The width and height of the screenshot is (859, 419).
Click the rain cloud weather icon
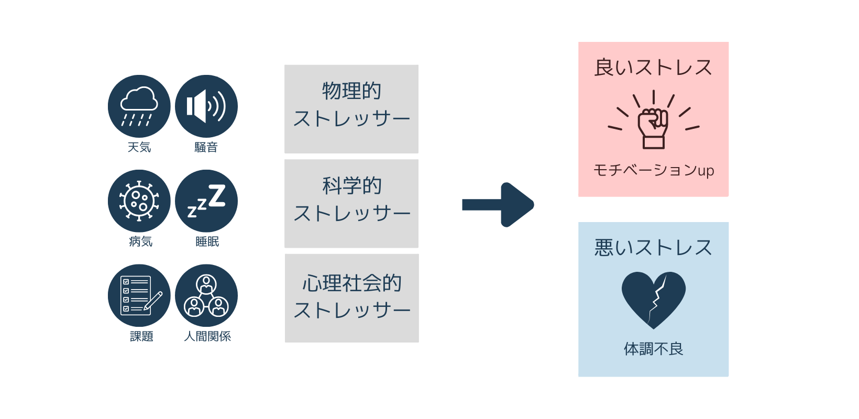pos(139,106)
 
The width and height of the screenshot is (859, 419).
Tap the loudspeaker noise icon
pos(206,106)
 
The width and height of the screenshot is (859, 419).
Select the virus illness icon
pos(139,201)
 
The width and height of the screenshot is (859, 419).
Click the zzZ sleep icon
pos(206,201)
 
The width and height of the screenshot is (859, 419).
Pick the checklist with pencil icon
pos(139,296)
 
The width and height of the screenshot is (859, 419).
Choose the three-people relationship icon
pos(206,296)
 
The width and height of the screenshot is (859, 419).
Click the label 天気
pos(139,148)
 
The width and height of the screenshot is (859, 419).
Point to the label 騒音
pos(206,148)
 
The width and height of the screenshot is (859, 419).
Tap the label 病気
pos(140,241)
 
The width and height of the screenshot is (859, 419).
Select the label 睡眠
pos(207,241)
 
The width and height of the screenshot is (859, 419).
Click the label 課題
pos(141,336)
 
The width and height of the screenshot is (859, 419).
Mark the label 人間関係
pos(207,336)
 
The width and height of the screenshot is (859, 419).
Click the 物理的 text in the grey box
pos(351,91)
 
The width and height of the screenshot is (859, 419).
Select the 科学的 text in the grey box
pos(351,186)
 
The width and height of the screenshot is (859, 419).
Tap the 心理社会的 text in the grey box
pos(351,283)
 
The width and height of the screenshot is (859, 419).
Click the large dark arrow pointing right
pos(498,205)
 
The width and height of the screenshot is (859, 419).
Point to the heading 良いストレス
pos(653,68)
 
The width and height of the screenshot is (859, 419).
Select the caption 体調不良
pos(653,349)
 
